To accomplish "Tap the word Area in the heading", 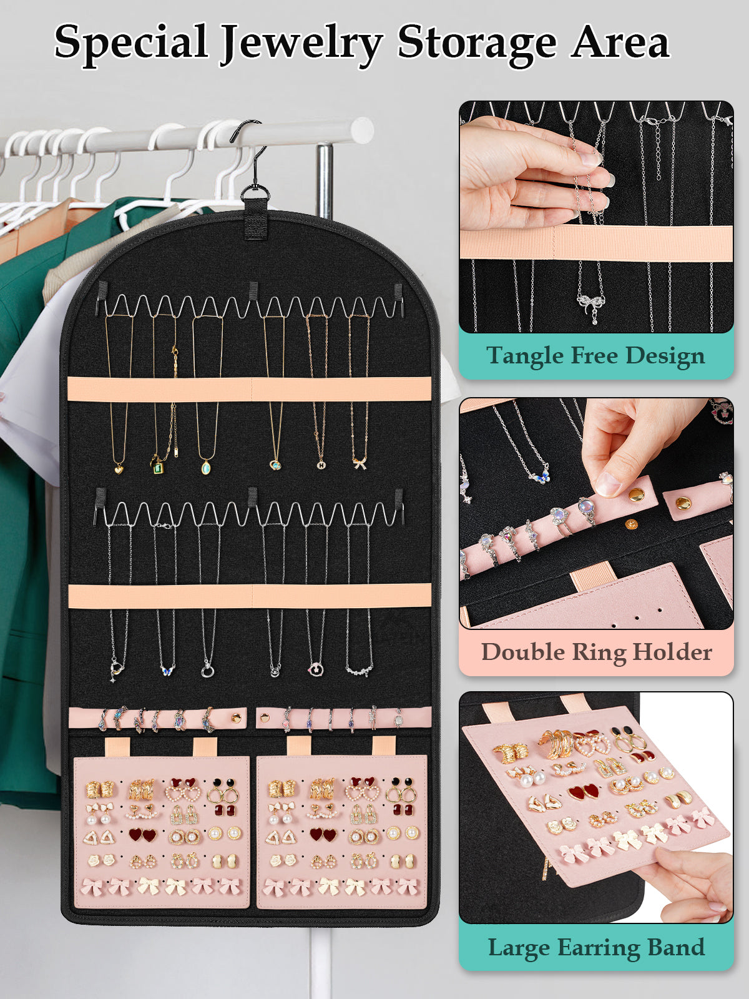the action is [x=620, y=42].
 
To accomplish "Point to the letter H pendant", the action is [x=321, y=465].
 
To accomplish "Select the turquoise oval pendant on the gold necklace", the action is [x=205, y=466].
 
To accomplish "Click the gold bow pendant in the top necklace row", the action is [x=360, y=464].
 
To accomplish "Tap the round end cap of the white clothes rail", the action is [x=362, y=130].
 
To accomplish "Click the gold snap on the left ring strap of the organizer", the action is [x=236, y=719].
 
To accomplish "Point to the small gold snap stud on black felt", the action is [x=631, y=524].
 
